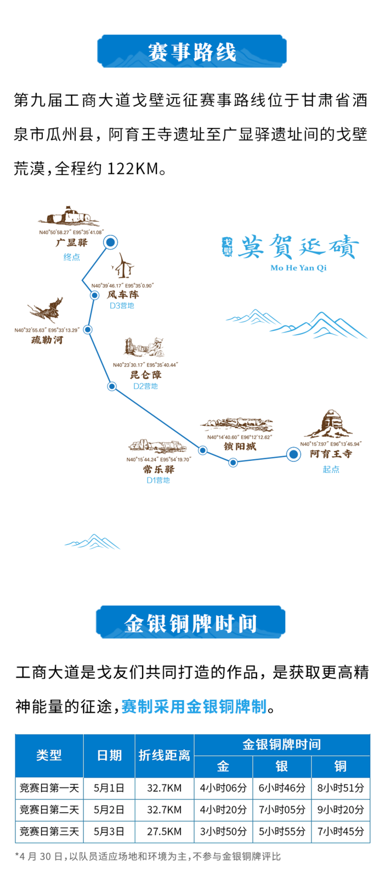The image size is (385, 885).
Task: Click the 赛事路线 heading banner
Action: [x=192, y=52]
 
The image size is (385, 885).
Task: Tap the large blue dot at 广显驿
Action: [x=111, y=242]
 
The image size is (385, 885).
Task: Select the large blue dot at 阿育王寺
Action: [x=293, y=454]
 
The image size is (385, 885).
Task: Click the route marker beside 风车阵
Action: [x=94, y=295]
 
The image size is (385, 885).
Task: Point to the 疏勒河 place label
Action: [x=47, y=340]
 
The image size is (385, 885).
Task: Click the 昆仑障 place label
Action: [x=145, y=375]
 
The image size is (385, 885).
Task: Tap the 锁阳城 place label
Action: [x=240, y=447]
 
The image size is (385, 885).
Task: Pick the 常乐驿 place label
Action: [x=158, y=469]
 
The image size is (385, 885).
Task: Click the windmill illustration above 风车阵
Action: [x=123, y=266]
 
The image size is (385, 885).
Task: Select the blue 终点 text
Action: [x=72, y=257]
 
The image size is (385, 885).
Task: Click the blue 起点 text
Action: [x=331, y=469]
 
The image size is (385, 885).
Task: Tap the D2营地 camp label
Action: [x=145, y=386]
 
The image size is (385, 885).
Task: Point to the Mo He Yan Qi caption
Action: [x=298, y=268]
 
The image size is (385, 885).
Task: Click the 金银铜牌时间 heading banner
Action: [x=191, y=623]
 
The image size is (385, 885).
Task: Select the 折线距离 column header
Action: [x=164, y=756]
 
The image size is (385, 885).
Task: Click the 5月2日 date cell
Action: [x=109, y=810]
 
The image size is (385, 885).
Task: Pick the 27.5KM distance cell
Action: [x=164, y=832]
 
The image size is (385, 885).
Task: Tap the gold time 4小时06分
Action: [x=223, y=788]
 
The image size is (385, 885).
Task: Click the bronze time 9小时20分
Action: [x=341, y=810]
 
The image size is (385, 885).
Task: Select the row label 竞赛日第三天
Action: [x=49, y=832]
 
